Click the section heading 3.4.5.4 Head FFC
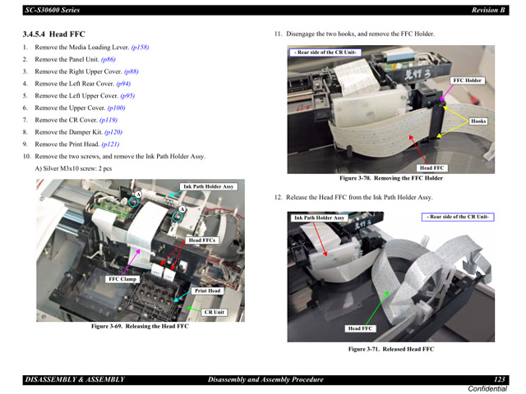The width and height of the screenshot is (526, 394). click(53, 34)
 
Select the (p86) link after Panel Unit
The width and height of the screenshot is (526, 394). click(108, 60)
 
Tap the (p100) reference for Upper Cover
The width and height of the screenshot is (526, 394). click(116, 108)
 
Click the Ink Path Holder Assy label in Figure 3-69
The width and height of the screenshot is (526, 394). click(209, 186)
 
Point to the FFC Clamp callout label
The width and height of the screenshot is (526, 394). click(122, 279)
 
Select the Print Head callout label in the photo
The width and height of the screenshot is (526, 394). click(207, 291)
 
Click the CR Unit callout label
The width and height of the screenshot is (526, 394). click(214, 312)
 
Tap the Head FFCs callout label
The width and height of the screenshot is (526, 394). click(202, 241)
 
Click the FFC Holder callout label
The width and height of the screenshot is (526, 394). click(468, 80)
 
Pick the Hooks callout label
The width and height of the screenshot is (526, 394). click(478, 121)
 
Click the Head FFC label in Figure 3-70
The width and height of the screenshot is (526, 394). click(431, 167)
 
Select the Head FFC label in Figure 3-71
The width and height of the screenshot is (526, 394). click(360, 328)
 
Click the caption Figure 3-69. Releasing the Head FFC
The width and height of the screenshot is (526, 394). click(140, 326)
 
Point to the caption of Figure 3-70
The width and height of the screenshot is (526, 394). click(391, 178)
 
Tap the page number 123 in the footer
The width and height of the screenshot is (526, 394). click(499, 379)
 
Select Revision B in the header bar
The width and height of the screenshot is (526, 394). click(488, 9)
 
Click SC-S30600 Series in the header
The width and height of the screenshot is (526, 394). click(51, 9)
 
